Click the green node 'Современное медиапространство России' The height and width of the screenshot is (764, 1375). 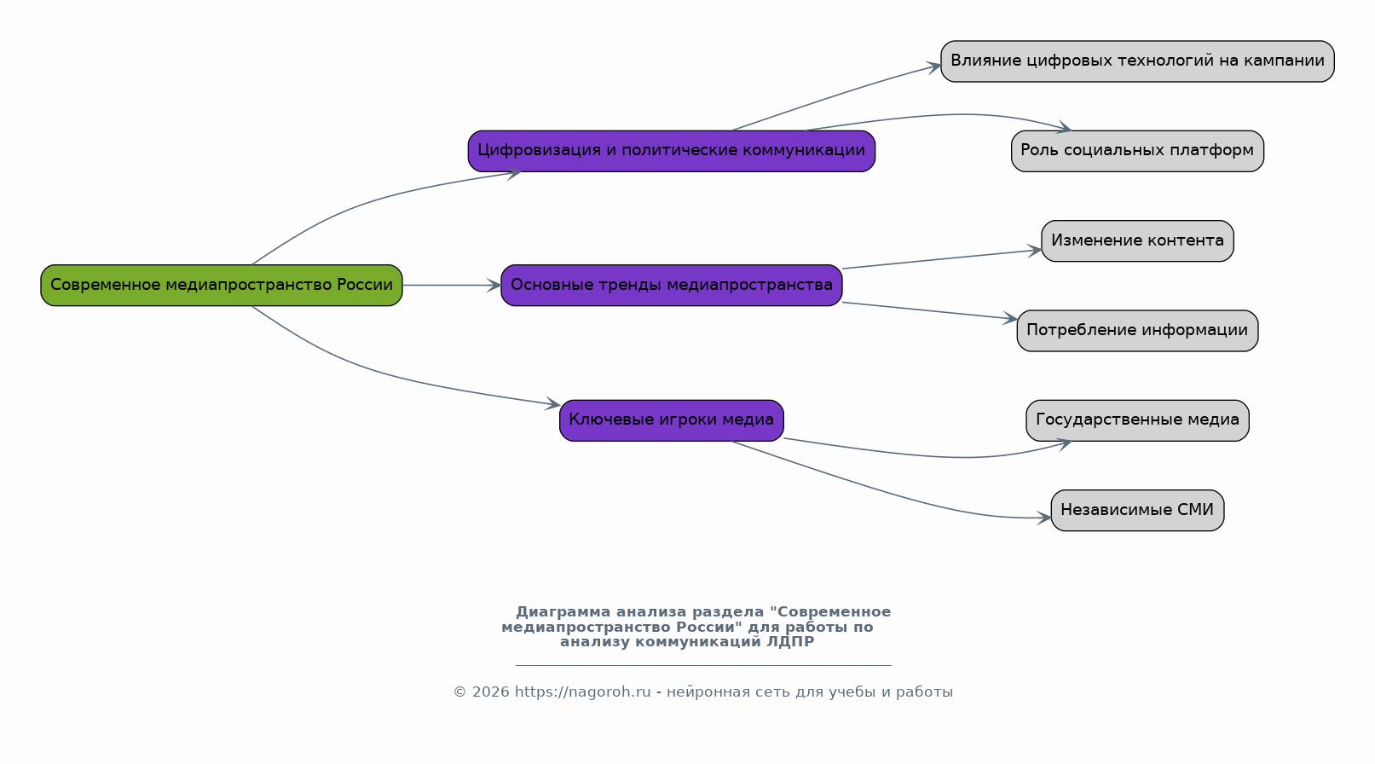tap(222, 285)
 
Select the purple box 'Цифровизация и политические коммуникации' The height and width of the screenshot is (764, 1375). tap(672, 150)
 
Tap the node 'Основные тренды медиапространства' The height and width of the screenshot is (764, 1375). tap(672, 285)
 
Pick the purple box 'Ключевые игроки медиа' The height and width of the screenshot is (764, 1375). tap(672, 420)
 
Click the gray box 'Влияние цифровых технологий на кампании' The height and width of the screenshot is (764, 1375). tap(1137, 61)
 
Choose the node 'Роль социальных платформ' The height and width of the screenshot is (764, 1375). tap(1137, 150)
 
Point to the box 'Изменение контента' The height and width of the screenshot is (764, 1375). tap(1137, 240)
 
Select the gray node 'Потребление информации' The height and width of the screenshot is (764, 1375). tap(1137, 330)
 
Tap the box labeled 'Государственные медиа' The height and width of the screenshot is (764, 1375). tap(1137, 420)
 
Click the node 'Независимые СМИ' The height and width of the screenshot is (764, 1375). tap(1137, 510)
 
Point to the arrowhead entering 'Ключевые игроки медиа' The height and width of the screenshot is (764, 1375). tap(552, 403)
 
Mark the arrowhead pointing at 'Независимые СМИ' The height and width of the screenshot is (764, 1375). tap(1044, 518)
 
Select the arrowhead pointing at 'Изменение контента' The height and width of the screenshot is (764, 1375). tap(1034, 250)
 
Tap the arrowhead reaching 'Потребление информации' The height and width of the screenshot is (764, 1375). tap(1010, 317)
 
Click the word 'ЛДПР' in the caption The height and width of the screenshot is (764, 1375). tap(790, 642)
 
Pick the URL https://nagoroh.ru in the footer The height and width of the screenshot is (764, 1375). tap(582, 692)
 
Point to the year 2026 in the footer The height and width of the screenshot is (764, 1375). tap(490, 692)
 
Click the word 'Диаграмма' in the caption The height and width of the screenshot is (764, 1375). tap(563, 612)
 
